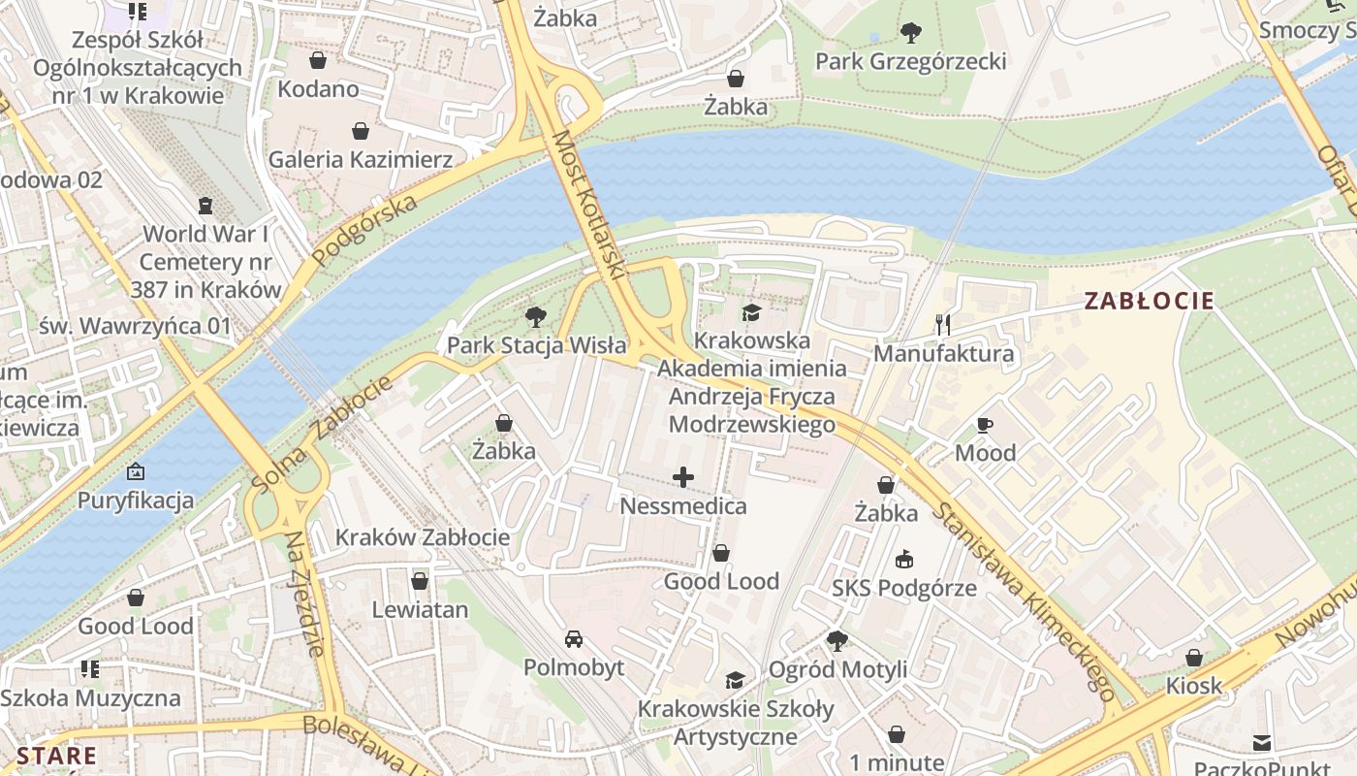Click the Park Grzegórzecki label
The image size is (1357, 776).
(910, 62)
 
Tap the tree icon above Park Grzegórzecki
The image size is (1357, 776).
(910, 33)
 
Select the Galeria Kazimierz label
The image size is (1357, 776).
(361, 159)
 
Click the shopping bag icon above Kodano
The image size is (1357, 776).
(317, 61)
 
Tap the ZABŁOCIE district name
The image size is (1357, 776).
(1149, 301)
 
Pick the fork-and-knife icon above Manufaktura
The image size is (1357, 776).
(943, 325)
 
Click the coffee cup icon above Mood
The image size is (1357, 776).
(985, 425)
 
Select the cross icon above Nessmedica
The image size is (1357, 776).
(683, 476)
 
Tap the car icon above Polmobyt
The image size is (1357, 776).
(574, 639)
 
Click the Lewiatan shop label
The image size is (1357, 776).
(420, 610)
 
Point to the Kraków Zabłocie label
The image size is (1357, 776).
(423, 537)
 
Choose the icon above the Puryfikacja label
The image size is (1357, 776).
(136, 472)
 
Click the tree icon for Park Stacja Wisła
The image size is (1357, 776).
(534, 317)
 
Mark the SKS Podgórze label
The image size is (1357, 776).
(904, 589)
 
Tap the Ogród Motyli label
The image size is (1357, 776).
(837, 669)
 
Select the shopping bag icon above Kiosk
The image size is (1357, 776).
(1194, 658)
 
